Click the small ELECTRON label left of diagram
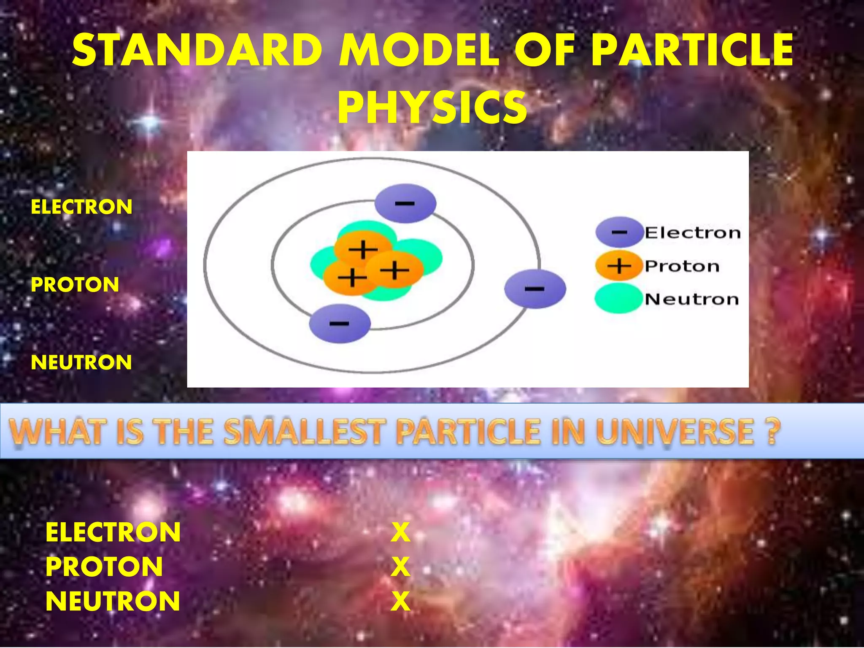point(81,207)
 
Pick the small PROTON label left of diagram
point(75,284)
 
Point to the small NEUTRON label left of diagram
point(81,362)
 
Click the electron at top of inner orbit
point(405,203)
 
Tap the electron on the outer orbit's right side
point(535,289)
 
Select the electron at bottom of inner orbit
point(340,324)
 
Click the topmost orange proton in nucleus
point(363,248)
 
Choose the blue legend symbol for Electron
point(619,232)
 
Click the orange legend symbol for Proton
point(619,266)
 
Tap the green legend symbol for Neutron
point(619,299)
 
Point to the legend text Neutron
point(692,299)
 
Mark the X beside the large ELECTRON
point(400,532)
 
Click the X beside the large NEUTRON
point(400,601)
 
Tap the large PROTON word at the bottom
point(104,567)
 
